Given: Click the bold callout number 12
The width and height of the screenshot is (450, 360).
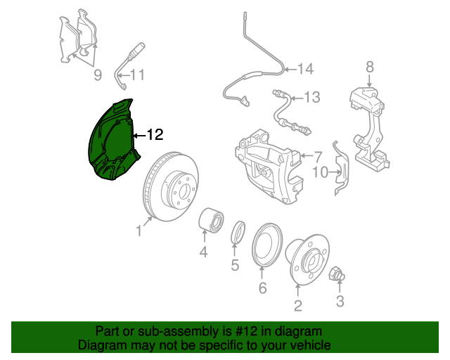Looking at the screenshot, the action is (x=155, y=134).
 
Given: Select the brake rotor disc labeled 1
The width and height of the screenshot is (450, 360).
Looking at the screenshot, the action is (x=171, y=186).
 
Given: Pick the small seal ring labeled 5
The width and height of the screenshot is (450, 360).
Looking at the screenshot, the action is (x=238, y=232).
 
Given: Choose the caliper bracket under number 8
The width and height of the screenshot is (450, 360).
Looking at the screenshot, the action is (x=369, y=129).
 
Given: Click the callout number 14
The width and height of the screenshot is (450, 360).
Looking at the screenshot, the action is (x=305, y=69).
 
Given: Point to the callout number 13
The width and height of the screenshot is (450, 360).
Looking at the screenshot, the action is (x=311, y=97).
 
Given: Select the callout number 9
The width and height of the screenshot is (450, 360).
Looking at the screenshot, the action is (x=98, y=75).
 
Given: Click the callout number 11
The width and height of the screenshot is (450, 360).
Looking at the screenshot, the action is (x=137, y=75).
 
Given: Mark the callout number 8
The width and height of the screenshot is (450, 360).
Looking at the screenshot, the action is (x=370, y=67).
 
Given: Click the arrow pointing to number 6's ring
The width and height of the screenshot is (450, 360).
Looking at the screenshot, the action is (x=262, y=274).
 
